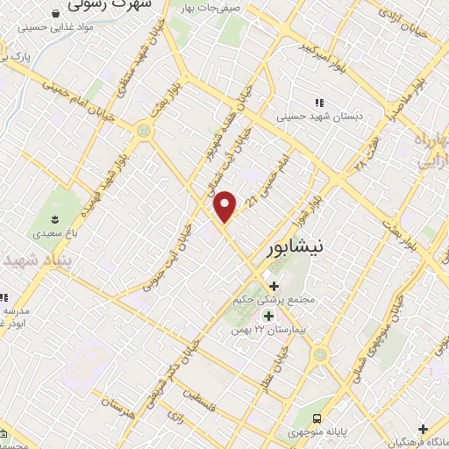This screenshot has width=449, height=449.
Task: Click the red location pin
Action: [x=225, y=206]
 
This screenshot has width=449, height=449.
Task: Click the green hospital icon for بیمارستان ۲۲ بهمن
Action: [x=269, y=316]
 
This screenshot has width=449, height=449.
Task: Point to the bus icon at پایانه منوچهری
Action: [x=317, y=419]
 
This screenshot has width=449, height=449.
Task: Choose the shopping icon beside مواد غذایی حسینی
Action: [x=56, y=13]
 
